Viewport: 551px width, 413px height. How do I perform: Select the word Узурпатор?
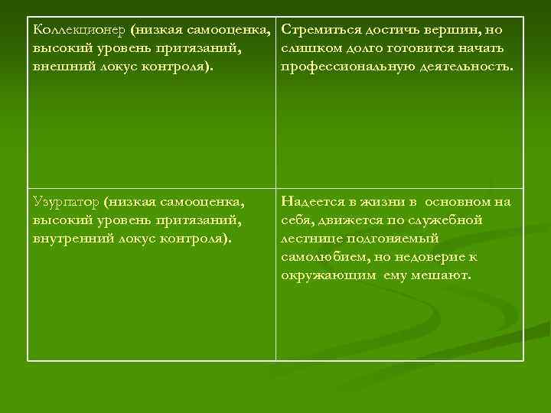67,202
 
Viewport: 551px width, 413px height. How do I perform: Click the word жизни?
378,202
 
